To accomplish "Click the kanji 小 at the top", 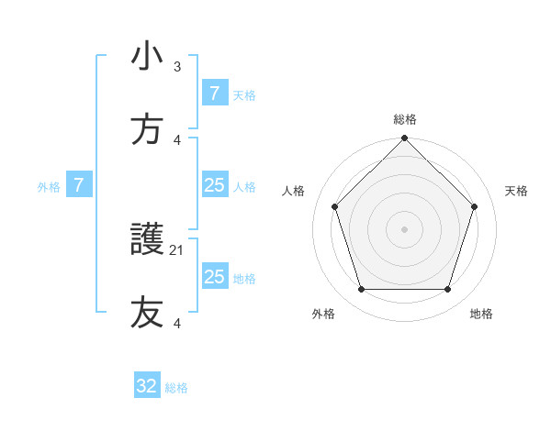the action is click(147, 57).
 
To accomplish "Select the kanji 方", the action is click(147, 130).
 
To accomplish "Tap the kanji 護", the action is click(147, 240).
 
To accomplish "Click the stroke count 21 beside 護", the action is click(177, 249).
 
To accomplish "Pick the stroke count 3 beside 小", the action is click(177, 66).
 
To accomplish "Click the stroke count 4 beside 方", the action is click(177, 139).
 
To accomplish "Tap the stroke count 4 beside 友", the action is click(177, 323).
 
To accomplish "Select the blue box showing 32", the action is click(147, 386).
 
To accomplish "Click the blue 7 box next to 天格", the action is click(214, 94).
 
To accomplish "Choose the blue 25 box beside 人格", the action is click(214, 185).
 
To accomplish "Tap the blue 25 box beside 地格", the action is click(214, 277).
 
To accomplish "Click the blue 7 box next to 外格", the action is click(79, 185).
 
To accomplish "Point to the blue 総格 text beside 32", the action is click(176, 388).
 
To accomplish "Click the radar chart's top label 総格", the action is click(404, 119).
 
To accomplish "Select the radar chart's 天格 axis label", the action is click(516, 191).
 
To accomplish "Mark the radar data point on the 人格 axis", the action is click(334, 206).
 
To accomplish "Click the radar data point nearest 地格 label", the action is click(447, 289).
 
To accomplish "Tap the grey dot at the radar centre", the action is click(404, 228).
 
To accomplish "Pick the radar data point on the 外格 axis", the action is click(361, 289).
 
